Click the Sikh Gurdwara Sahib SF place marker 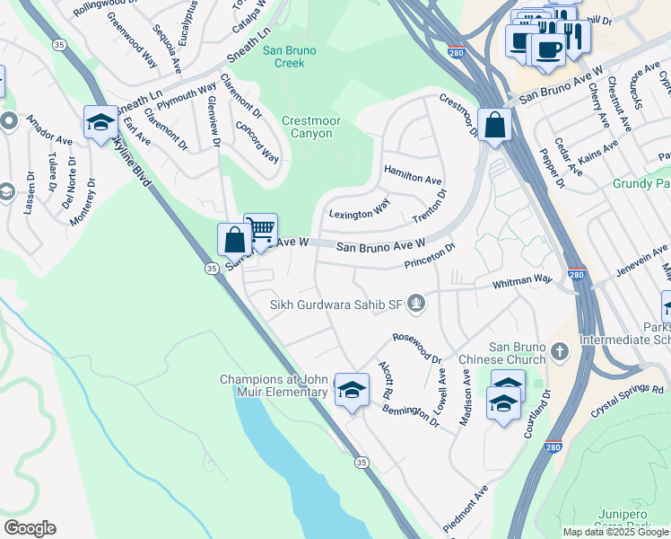click(x=415, y=304)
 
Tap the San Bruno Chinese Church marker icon click(x=560, y=351)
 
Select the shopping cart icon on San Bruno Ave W click(x=260, y=230)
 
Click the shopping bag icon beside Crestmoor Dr click(x=494, y=125)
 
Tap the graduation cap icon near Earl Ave click(x=100, y=122)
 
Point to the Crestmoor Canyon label click(x=307, y=127)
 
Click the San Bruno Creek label click(x=283, y=57)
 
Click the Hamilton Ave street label click(x=413, y=174)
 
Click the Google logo click(x=30, y=527)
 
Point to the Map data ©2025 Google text click(x=615, y=532)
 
